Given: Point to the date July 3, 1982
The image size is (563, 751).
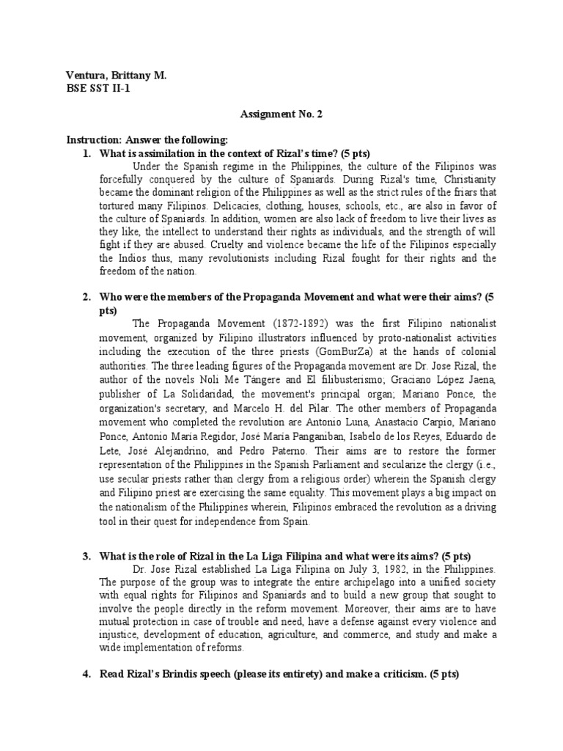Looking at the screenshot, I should (353, 568).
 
